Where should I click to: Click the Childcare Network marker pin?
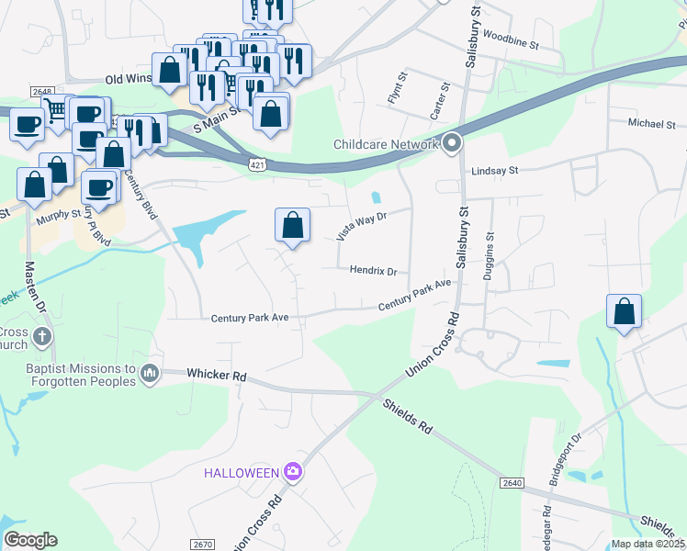(x=452, y=144)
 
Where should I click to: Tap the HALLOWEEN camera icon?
(x=293, y=472)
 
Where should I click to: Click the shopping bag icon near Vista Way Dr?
(x=292, y=224)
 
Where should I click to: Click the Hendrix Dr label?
(x=373, y=272)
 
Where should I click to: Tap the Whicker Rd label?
(x=217, y=375)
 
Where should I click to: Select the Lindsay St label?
(x=495, y=171)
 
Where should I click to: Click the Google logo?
(x=30, y=539)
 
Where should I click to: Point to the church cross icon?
(x=41, y=337)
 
